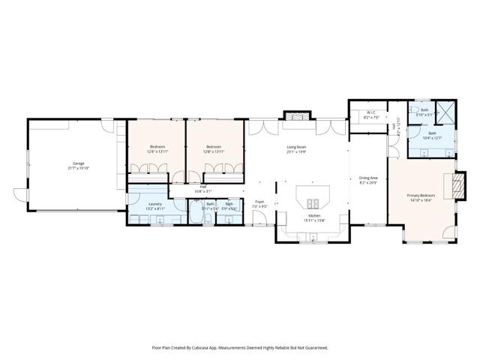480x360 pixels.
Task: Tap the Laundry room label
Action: coord(155,203)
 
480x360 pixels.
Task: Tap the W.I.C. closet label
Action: coord(370,113)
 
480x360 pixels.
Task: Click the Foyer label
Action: coord(259,201)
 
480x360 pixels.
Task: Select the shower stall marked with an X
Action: coord(445,112)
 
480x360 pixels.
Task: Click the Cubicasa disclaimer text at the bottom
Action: coord(239,347)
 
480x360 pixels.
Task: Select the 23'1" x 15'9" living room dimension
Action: coord(296,152)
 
